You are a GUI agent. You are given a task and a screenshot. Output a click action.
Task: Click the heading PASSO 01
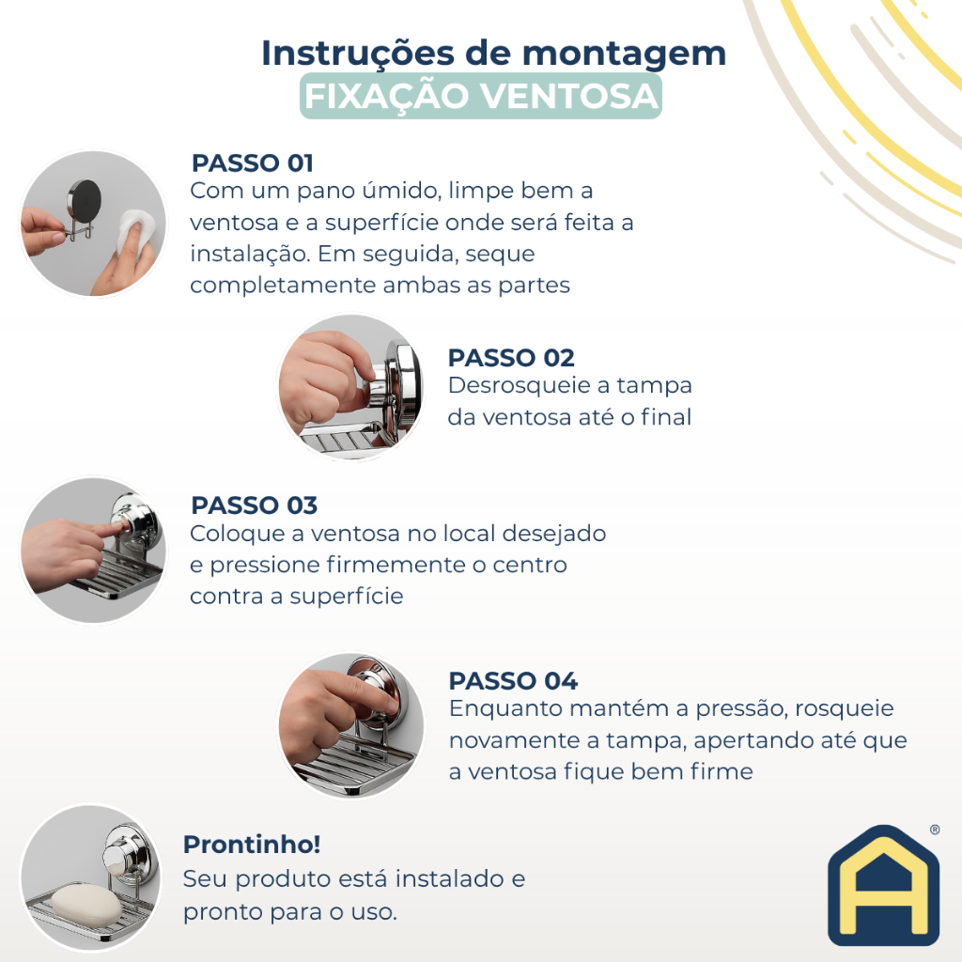tap(252, 163)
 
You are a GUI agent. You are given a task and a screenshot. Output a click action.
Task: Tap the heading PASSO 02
tap(511, 358)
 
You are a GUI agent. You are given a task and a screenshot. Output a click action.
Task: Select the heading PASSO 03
tap(254, 505)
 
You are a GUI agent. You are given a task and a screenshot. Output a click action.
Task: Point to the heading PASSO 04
tap(513, 681)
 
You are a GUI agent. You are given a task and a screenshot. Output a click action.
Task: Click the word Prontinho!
tap(252, 845)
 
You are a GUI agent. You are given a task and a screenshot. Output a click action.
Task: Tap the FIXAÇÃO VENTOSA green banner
tap(480, 96)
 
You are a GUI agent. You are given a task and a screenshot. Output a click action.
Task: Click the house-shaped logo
tap(883, 885)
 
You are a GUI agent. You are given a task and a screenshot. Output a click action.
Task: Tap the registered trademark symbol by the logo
tap(935, 830)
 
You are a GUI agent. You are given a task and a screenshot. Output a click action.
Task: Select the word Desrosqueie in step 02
tap(520, 386)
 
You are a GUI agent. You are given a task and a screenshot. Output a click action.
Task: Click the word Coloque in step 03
tap(237, 535)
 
